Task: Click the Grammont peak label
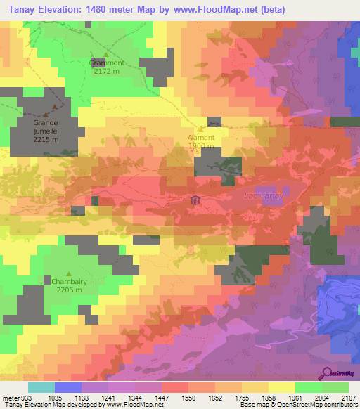coord(107,63)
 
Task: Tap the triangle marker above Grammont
coord(107,55)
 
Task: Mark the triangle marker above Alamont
coord(201,129)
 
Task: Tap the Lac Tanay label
coord(262,196)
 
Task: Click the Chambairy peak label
coord(68,282)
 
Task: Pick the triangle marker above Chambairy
coord(68,273)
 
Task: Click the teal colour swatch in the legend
coord(41,387)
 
